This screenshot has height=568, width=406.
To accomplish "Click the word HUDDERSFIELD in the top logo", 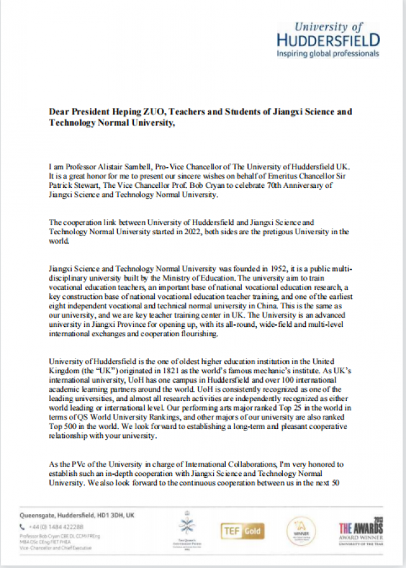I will click(x=329, y=40).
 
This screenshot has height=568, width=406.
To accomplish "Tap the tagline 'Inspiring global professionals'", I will click(x=328, y=54).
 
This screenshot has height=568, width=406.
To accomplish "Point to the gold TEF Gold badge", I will click(x=242, y=531).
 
